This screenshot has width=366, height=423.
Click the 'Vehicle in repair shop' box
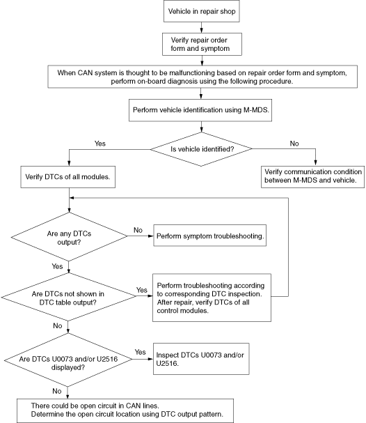pos(202,11)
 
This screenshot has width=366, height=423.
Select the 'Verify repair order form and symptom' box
pos(202,44)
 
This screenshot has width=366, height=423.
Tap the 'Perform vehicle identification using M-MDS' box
pos(200,110)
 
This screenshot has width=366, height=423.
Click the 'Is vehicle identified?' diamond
pos(201,149)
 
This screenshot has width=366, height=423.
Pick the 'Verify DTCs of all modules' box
pos(68,177)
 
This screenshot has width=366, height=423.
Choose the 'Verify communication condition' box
pos(312,177)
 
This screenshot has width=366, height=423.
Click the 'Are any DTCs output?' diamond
pos(69,237)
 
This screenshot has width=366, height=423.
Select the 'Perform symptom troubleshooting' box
pos(210,236)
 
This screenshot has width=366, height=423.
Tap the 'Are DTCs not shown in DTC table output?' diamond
pos(69,297)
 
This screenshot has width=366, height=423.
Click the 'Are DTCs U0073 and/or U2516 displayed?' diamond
pos(68,360)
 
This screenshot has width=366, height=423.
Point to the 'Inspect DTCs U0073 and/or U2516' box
pos(201,359)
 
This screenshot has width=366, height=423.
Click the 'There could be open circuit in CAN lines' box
pos(125,410)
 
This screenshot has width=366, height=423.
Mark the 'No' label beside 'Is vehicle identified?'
pos(294,144)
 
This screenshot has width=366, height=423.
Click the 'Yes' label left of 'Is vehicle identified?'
pos(100,144)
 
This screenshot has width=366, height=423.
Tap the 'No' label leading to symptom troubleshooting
pos(138,230)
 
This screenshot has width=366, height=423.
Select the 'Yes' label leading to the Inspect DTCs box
pos(140,352)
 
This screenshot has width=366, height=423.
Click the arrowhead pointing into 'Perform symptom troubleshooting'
pos(151,236)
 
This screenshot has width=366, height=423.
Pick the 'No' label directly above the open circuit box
pos(57,391)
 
